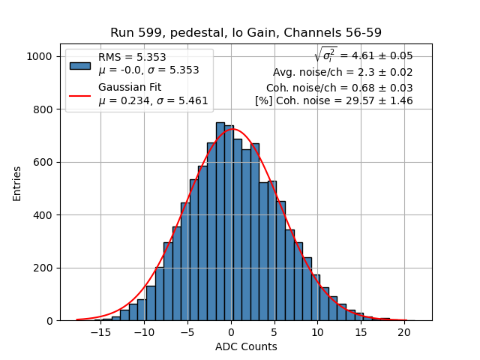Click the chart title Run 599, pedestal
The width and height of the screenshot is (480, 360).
click(245, 32)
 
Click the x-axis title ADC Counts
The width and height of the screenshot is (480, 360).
click(246, 346)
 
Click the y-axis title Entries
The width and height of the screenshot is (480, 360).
click(16, 184)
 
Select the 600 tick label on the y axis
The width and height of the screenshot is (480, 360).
click(45, 163)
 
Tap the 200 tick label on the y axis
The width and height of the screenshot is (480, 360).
click(45, 268)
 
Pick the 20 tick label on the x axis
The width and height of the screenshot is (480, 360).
click(403, 332)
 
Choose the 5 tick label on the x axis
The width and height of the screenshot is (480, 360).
click(274, 332)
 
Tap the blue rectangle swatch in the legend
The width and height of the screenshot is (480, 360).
click(80, 64)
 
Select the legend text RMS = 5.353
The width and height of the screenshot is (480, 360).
click(132, 58)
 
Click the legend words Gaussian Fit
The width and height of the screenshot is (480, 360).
click(130, 87)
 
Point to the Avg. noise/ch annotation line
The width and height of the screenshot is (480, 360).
click(343, 73)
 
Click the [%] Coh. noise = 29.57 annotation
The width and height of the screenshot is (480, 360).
click(334, 100)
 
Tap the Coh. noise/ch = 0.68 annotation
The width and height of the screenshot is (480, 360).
click(339, 87)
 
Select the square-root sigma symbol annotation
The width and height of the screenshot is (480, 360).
click(325, 55)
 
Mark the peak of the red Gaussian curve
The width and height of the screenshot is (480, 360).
click(232, 129)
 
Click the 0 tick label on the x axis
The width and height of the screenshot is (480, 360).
click(231, 332)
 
